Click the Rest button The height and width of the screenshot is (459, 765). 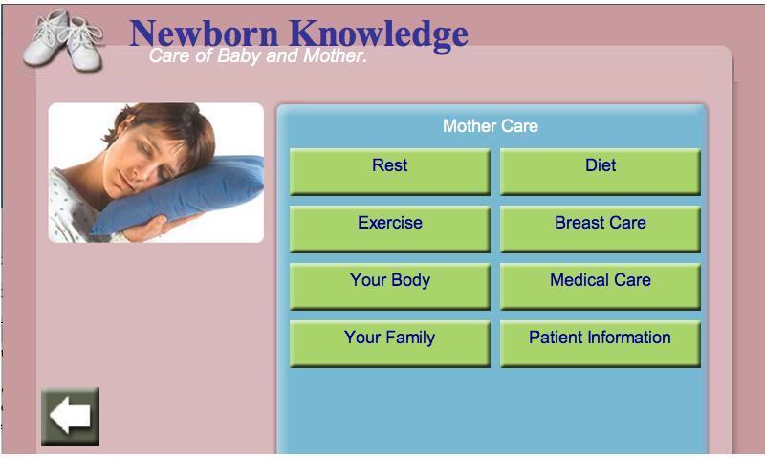[x=390, y=172]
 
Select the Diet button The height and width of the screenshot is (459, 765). [x=601, y=172]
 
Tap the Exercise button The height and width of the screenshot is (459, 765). [x=390, y=229]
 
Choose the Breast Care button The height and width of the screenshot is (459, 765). [x=601, y=229]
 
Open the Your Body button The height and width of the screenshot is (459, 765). [x=390, y=287]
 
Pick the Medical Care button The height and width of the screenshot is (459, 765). [x=601, y=287]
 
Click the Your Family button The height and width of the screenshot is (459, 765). [x=390, y=344]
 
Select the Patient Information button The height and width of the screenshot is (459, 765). [x=601, y=344]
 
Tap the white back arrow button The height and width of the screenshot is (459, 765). [x=70, y=416]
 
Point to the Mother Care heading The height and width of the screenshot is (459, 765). [x=491, y=126]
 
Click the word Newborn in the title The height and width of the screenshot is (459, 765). [x=204, y=33]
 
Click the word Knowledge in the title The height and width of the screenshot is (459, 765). [x=379, y=35]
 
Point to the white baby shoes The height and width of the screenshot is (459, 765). [x=64, y=40]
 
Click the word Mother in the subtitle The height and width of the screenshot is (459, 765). [x=334, y=55]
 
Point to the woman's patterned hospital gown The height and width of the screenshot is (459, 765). [x=74, y=209]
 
